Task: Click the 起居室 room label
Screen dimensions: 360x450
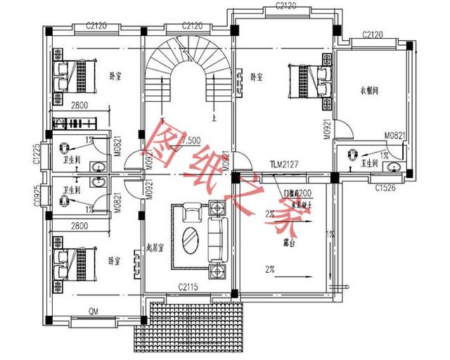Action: tap(155, 247)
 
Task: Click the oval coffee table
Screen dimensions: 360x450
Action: tap(191, 239)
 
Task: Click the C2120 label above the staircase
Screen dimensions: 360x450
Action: tap(193, 26)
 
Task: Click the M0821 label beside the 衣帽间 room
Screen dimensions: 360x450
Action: tap(394, 136)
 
